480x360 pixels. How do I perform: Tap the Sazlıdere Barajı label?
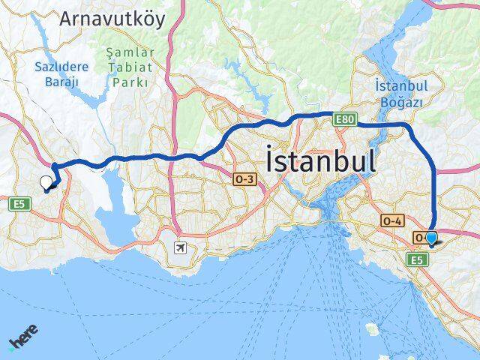(x=61, y=73)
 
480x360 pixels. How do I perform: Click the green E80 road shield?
(x=345, y=118)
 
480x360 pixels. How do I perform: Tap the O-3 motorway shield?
(x=244, y=179)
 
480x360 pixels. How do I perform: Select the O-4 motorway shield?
(x=392, y=220)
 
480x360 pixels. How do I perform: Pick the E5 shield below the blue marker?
(x=416, y=259)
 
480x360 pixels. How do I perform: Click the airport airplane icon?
(x=180, y=247)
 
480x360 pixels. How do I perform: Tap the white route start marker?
(x=46, y=181)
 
